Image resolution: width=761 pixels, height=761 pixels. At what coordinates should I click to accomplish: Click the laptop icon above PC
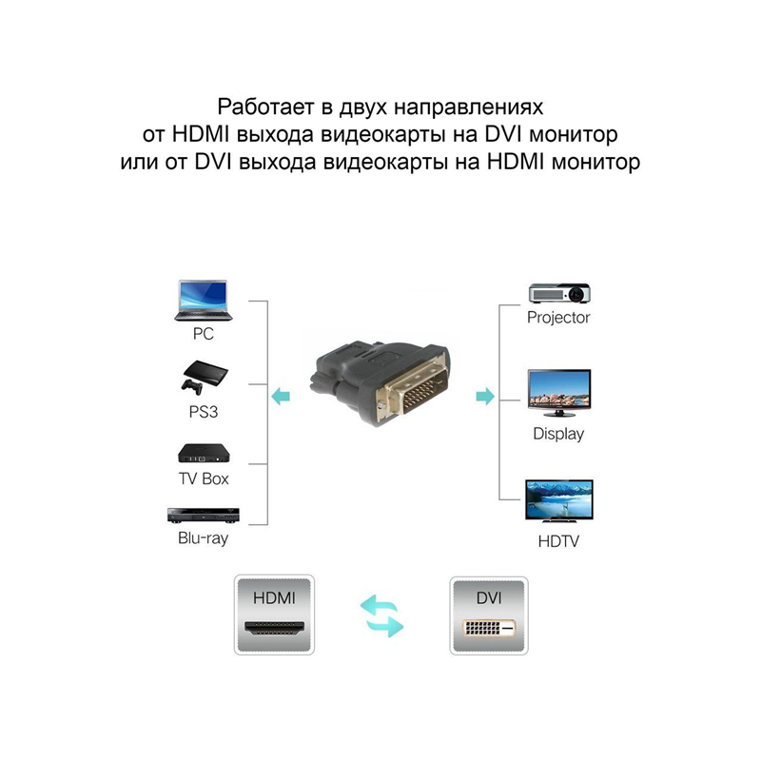click(x=203, y=302)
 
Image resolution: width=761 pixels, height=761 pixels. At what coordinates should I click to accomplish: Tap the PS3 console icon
click(x=203, y=377)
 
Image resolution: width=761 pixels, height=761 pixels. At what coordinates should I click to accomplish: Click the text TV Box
click(x=203, y=478)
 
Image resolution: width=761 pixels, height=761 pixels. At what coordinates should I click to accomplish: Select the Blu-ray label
click(x=203, y=538)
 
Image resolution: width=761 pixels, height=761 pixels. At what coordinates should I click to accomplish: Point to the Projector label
click(x=559, y=318)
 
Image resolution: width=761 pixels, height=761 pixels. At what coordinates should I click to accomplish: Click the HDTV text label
click(x=559, y=542)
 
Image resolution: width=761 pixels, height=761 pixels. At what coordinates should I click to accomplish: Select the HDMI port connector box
click(x=275, y=615)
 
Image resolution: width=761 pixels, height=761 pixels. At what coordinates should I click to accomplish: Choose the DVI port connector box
click(x=488, y=615)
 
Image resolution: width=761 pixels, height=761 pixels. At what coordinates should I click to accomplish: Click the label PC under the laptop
click(x=203, y=335)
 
